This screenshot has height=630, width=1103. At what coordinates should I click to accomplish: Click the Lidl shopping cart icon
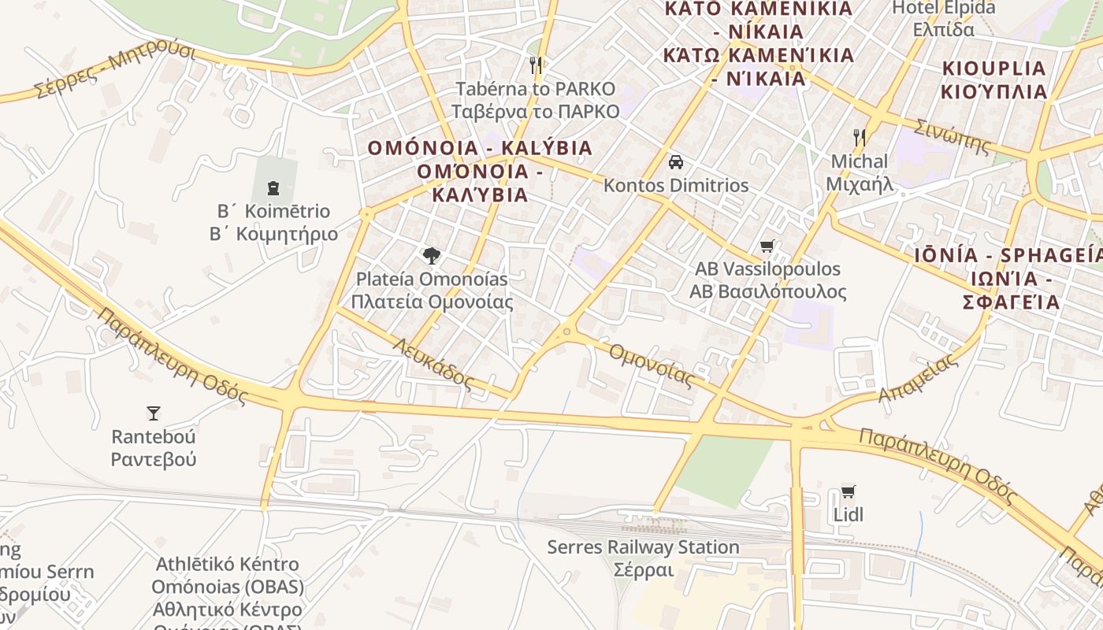click(848, 492)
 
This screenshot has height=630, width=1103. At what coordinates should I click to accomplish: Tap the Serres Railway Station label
click(643, 547)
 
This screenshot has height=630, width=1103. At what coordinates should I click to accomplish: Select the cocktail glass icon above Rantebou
click(154, 413)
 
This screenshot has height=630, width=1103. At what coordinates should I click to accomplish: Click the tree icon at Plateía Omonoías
click(431, 256)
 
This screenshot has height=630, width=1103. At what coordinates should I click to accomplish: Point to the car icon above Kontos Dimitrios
click(675, 162)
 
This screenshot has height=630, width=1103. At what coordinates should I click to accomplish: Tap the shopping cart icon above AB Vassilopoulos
click(767, 246)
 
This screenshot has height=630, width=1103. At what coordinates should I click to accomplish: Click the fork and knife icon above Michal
click(859, 138)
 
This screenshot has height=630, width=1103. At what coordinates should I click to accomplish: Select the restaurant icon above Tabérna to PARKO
click(536, 65)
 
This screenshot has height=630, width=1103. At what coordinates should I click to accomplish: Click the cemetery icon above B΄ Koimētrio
click(273, 187)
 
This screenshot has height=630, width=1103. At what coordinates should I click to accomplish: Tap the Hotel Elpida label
click(943, 9)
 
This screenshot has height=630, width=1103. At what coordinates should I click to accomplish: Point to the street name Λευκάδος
click(433, 363)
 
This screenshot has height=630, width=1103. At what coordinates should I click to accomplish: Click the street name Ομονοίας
click(652, 365)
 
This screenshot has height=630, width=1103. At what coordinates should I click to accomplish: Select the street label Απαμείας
click(919, 378)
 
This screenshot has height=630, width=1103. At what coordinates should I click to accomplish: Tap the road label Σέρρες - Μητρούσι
click(115, 71)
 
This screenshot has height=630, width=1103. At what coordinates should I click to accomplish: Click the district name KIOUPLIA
click(994, 69)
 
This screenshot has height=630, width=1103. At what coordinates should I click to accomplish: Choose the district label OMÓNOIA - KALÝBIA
click(480, 148)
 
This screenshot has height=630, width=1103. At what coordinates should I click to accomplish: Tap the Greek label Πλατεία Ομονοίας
click(432, 302)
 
